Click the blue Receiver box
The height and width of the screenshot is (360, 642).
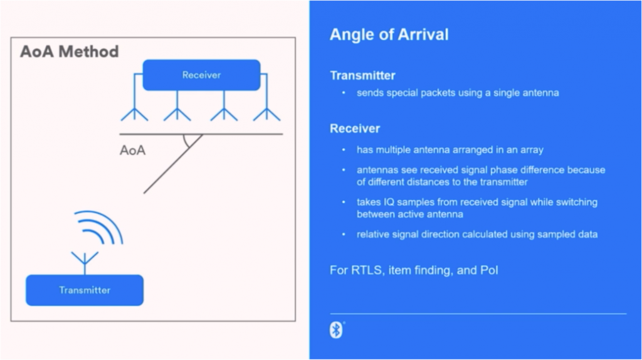(201, 75)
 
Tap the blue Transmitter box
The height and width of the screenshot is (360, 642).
(85, 290)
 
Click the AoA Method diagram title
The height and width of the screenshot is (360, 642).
(70, 51)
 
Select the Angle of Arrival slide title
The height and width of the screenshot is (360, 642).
(389, 34)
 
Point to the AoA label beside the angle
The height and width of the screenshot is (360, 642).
(132, 151)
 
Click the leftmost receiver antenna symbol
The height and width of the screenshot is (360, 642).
(134, 109)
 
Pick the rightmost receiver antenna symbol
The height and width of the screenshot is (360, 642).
(267, 109)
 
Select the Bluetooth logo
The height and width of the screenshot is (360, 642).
(336, 330)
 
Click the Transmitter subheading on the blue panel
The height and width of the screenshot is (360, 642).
(362, 75)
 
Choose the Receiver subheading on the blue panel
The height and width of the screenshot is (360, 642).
(355, 129)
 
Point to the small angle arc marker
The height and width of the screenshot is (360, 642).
(186, 141)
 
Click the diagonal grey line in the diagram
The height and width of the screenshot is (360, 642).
(173, 164)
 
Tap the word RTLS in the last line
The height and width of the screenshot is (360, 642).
(366, 270)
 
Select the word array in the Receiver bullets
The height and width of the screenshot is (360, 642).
(532, 151)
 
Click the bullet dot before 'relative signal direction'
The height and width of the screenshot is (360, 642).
(344, 235)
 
